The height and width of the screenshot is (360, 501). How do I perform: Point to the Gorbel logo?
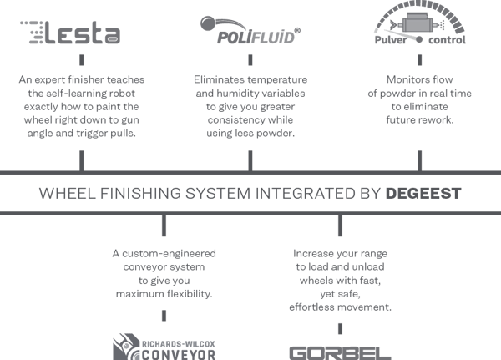click(339, 351)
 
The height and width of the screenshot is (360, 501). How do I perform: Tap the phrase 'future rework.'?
click(420, 119)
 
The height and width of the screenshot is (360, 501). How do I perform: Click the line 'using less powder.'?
click(251, 119)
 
